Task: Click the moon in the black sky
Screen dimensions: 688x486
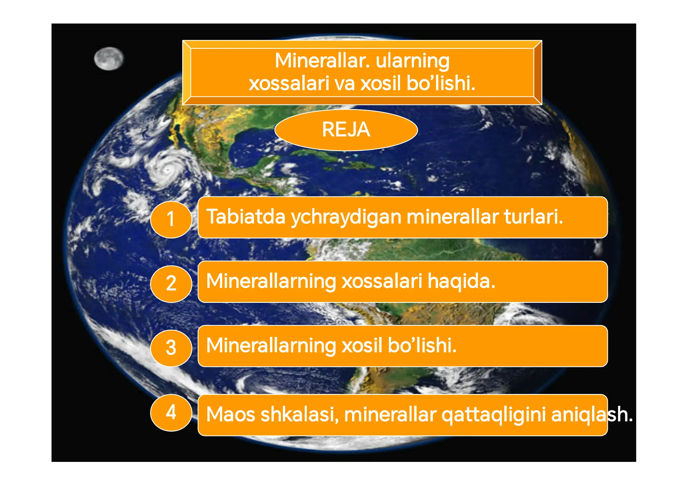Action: pos(108,59)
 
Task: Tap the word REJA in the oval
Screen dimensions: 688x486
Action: pos(346,130)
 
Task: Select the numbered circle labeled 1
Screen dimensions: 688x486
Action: pos(171,219)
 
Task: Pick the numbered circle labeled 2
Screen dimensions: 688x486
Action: pos(171,284)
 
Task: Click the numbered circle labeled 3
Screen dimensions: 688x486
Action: pos(171,348)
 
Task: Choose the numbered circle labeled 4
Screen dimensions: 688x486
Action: pos(171,412)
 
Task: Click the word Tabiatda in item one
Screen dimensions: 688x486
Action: pos(246,217)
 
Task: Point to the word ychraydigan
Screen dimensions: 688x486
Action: pos(346,217)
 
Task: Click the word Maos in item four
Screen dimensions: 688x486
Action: pos(231,415)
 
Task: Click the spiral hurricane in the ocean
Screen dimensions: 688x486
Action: pos(168,170)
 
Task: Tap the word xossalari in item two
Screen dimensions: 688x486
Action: pos(382,281)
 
